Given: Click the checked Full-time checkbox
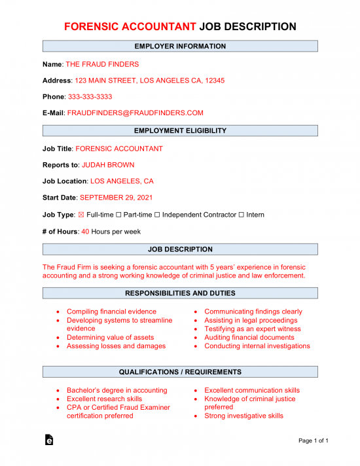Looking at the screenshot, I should pos(81,215).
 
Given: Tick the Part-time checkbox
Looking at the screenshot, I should pos(118,215).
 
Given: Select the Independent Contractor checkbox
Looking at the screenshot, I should pos(157,215).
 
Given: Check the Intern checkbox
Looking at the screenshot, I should pos(242,215).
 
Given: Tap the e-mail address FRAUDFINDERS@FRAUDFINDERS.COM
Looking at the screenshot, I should pos(135,113).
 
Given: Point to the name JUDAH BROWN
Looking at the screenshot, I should pos(108,165).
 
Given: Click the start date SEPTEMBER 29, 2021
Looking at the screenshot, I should pos(117,198).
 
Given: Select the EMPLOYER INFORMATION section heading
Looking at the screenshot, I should pos(180,46).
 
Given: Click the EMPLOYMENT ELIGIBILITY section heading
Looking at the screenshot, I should pos(180,131).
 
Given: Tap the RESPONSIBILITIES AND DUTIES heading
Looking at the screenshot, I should pos(180,293).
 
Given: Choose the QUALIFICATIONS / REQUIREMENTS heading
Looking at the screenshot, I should pos(180,372).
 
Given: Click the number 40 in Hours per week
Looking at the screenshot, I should pos(85,231).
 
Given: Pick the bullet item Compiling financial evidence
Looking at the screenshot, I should pos(111,312).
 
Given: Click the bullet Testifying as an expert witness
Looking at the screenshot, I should pos(253,329).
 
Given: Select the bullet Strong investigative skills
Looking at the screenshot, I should pos(243,416).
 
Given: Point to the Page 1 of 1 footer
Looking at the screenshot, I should pos(314,440).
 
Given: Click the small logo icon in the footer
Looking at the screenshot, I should pos(48,440).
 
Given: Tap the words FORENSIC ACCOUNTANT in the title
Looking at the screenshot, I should pos(130,27).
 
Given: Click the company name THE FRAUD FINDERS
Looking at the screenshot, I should pos(102,64).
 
